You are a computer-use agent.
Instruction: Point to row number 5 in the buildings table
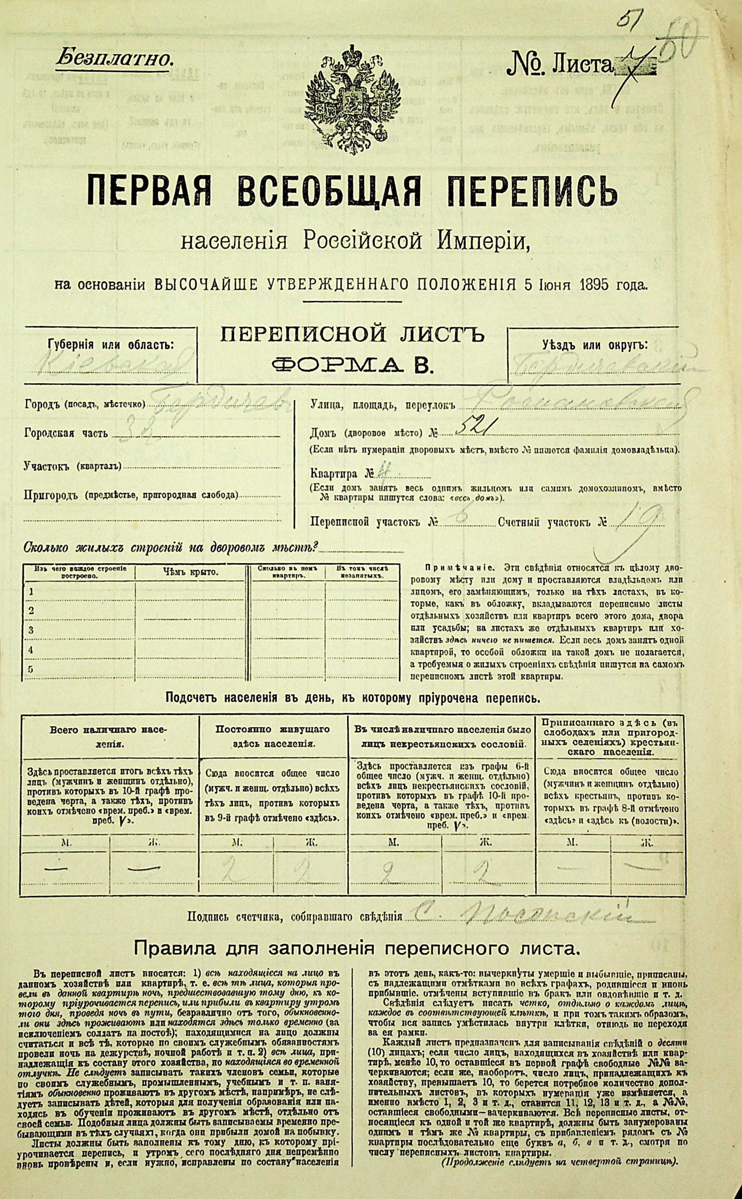pyautogui.click(x=31, y=669)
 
